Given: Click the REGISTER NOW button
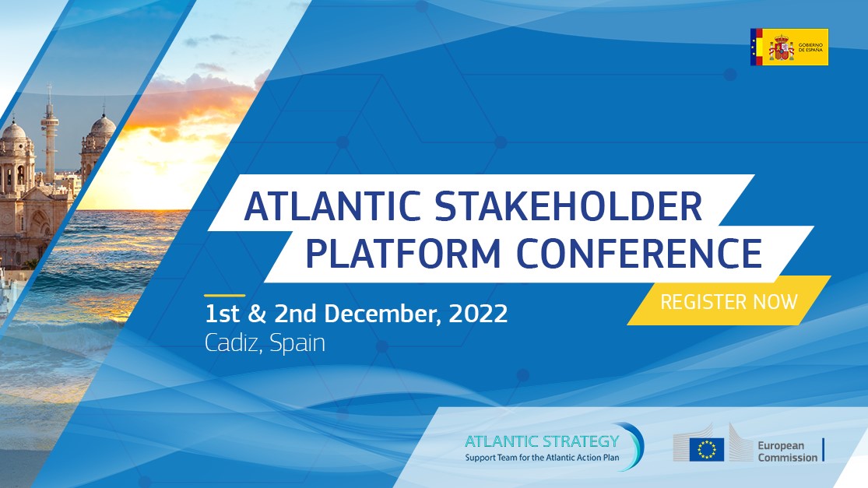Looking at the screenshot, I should (729, 301).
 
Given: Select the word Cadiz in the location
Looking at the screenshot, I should (232, 343).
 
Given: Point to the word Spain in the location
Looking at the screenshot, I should (297, 343).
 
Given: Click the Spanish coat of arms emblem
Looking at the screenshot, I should (781, 47).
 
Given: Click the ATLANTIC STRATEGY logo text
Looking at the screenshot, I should (542, 441).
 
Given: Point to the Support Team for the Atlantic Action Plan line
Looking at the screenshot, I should (542, 457).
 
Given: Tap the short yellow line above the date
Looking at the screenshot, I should (224, 296).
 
